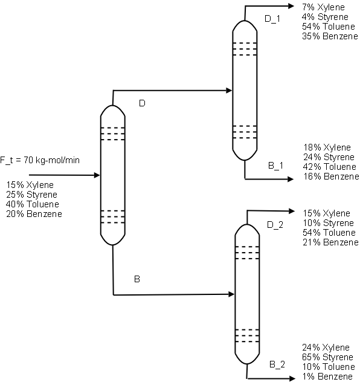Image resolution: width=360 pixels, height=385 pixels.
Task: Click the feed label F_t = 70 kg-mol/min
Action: pos(40,160)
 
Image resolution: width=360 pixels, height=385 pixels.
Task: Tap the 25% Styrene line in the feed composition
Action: pos(31,195)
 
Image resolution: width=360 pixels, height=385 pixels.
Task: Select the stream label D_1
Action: pos(272,19)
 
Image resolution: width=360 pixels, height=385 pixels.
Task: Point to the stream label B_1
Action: pos(275,166)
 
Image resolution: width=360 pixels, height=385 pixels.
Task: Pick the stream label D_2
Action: pos(275,225)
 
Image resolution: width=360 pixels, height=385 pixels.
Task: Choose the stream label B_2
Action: pos(277,364)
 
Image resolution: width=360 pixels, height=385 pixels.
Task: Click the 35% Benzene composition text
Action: pos(330,36)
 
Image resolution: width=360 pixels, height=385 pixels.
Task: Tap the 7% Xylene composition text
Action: pos(323,7)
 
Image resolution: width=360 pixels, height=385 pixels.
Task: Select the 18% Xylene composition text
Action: pos(327,147)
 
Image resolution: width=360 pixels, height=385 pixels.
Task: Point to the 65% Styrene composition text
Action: pos(327,357)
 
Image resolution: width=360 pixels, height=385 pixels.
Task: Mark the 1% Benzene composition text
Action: pos(327,377)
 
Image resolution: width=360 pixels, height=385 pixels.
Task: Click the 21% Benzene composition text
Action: pos(330,242)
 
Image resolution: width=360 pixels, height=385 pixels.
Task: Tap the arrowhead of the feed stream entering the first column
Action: pos(97,175)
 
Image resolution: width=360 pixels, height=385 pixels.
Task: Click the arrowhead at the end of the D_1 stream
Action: pos(291,6)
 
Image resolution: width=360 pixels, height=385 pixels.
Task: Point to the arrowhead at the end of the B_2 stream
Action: pos(292,378)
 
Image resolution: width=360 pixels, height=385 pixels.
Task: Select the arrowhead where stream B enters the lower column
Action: pos(231,294)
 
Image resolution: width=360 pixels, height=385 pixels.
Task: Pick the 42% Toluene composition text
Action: pos(330,167)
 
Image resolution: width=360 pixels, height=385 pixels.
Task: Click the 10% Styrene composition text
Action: pos(328,223)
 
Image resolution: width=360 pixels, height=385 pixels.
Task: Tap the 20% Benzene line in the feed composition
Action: pos(34,214)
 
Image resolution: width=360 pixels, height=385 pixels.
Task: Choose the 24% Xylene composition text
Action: pos(326,348)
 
